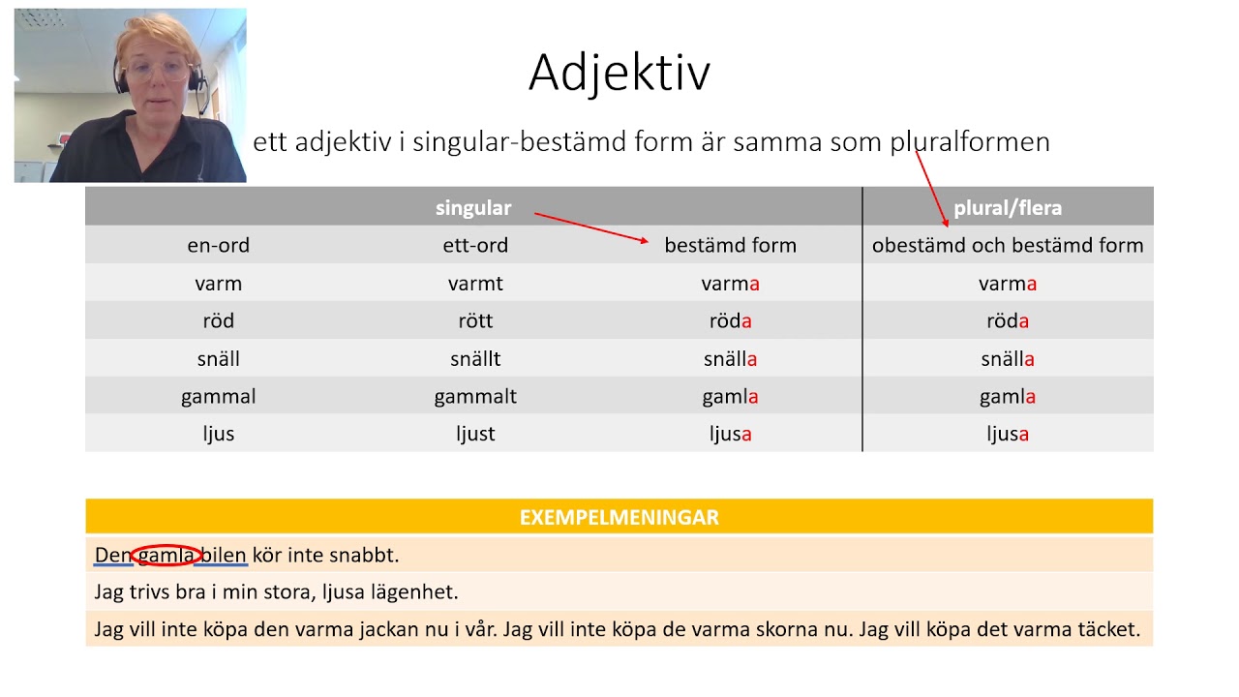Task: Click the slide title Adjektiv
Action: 619,74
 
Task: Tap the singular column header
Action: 473,208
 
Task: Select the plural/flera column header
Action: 1008,208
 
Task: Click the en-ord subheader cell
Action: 219,245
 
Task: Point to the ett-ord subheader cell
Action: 475,245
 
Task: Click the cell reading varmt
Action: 475,284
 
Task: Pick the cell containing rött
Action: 475,320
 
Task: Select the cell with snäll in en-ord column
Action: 219,359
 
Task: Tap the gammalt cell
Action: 475,397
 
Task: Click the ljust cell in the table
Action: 475,434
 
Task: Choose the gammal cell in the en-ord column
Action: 219,397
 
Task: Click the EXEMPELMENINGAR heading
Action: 619,517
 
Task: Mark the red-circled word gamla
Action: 166,555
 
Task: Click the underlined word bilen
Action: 223,555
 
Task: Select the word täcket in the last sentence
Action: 1109,629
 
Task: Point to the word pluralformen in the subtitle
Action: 970,142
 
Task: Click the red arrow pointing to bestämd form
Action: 591,227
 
